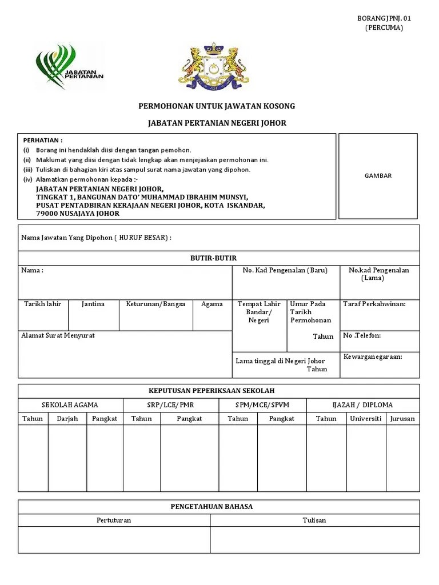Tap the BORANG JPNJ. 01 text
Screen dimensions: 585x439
point(384,18)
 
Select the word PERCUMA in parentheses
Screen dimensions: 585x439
point(384,28)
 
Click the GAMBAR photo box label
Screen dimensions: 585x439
point(378,176)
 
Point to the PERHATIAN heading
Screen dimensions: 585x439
point(43,141)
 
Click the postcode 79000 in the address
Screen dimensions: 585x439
point(49,214)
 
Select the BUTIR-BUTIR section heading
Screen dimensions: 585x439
point(213,258)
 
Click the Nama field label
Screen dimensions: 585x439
point(32,270)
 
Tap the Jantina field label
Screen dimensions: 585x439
point(93,304)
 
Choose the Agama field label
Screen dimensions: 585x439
point(212,304)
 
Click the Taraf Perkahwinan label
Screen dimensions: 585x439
point(374,304)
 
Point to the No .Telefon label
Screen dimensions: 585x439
point(362,335)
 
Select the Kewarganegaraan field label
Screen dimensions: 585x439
point(373,357)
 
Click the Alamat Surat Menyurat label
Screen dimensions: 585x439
point(58,335)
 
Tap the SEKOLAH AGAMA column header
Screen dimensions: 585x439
point(70,405)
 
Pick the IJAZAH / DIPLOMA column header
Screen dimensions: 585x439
point(362,405)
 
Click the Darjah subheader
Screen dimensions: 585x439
point(67,419)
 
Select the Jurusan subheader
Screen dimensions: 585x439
point(402,419)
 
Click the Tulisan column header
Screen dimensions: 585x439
point(314,520)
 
